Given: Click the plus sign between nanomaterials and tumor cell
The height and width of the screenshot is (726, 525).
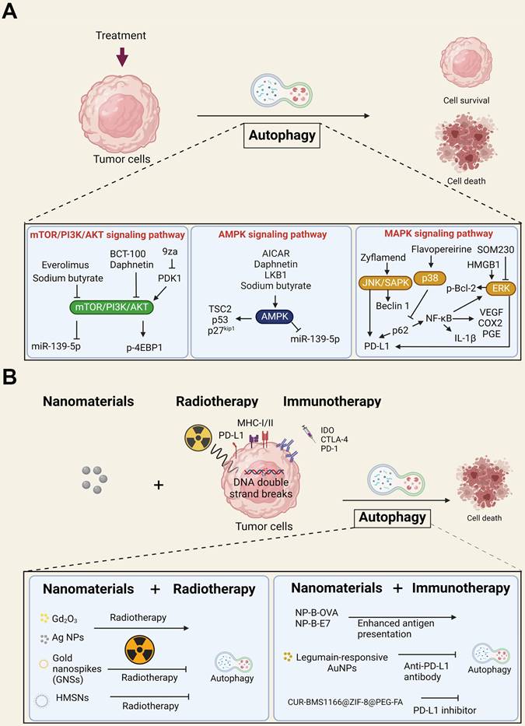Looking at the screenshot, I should [x=159, y=485].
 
